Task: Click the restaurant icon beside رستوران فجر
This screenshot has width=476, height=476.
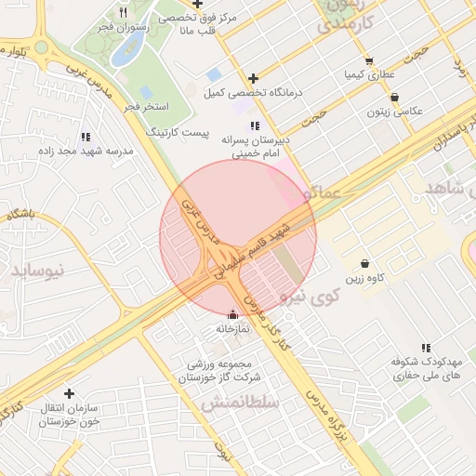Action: click(124, 13)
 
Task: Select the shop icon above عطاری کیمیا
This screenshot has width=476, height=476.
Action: click(369, 59)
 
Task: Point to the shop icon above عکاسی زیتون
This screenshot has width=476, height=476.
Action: click(395, 97)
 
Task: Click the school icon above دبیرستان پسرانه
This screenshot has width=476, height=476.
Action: click(255, 125)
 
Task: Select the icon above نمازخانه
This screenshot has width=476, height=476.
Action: click(232, 314)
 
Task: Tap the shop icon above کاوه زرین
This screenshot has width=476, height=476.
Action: click(364, 263)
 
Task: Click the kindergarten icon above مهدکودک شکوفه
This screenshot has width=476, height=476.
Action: click(426, 348)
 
